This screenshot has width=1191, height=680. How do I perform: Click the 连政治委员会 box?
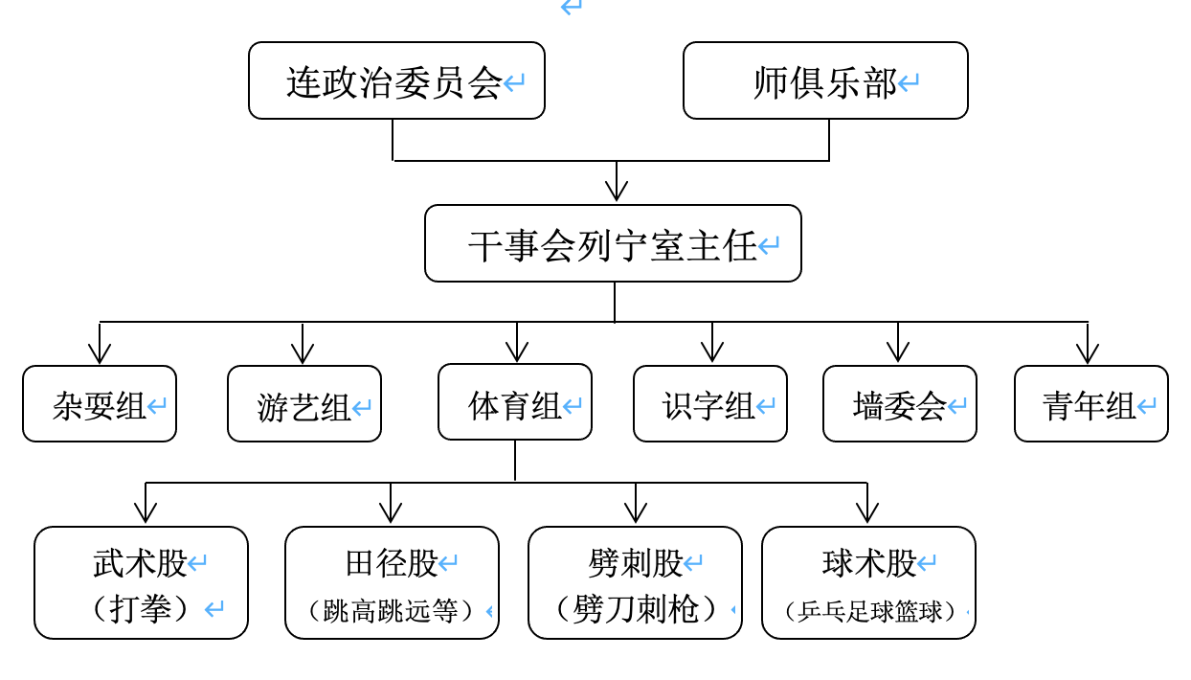point(396,81)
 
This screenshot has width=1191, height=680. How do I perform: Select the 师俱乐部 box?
point(825,81)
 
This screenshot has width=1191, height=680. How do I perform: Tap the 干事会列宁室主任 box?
point(613,244)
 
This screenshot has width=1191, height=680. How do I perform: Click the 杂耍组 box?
point(100,404)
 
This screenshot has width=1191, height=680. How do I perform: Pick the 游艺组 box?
point(304,404)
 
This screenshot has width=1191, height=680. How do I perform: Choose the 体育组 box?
point(515,403)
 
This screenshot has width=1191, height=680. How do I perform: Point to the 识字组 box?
point(710,404)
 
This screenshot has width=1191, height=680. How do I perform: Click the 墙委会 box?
point(900,404)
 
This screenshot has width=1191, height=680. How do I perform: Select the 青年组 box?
point(1091,404)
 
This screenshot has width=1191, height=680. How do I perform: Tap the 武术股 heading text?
point(140,563)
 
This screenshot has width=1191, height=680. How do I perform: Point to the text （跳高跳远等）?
point(392,610)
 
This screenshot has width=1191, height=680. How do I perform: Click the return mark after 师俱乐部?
point(909,83)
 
